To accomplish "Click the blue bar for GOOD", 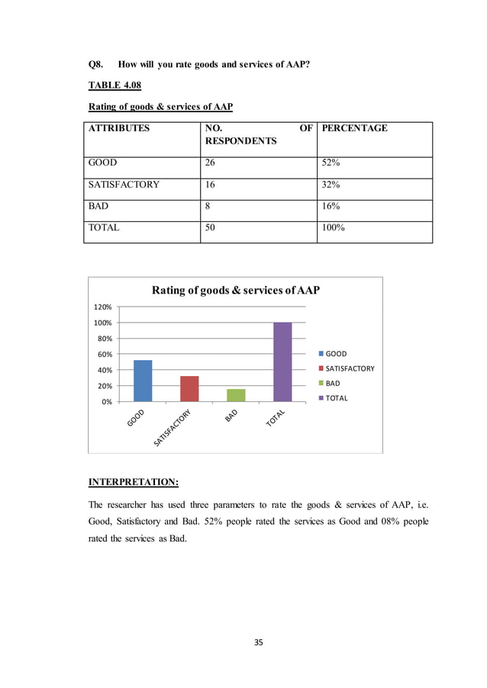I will coord(143,381).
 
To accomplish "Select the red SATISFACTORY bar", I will coord(189,389).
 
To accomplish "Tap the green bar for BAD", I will coord(237,395).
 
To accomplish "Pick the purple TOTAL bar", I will coord(283,362).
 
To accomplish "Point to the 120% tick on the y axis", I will coord(102,307).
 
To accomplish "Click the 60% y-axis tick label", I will coord(104,354).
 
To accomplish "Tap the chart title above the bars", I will coord(235,290).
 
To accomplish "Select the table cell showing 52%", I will coord(334,162).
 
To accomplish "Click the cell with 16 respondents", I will coord(210,184).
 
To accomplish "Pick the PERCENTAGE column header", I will coord(354,128).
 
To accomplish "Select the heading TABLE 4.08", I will coord(114,85).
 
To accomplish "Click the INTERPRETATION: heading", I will coord(134,482).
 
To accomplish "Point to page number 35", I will coord(258,642).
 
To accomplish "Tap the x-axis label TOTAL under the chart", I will coord(276,419).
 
